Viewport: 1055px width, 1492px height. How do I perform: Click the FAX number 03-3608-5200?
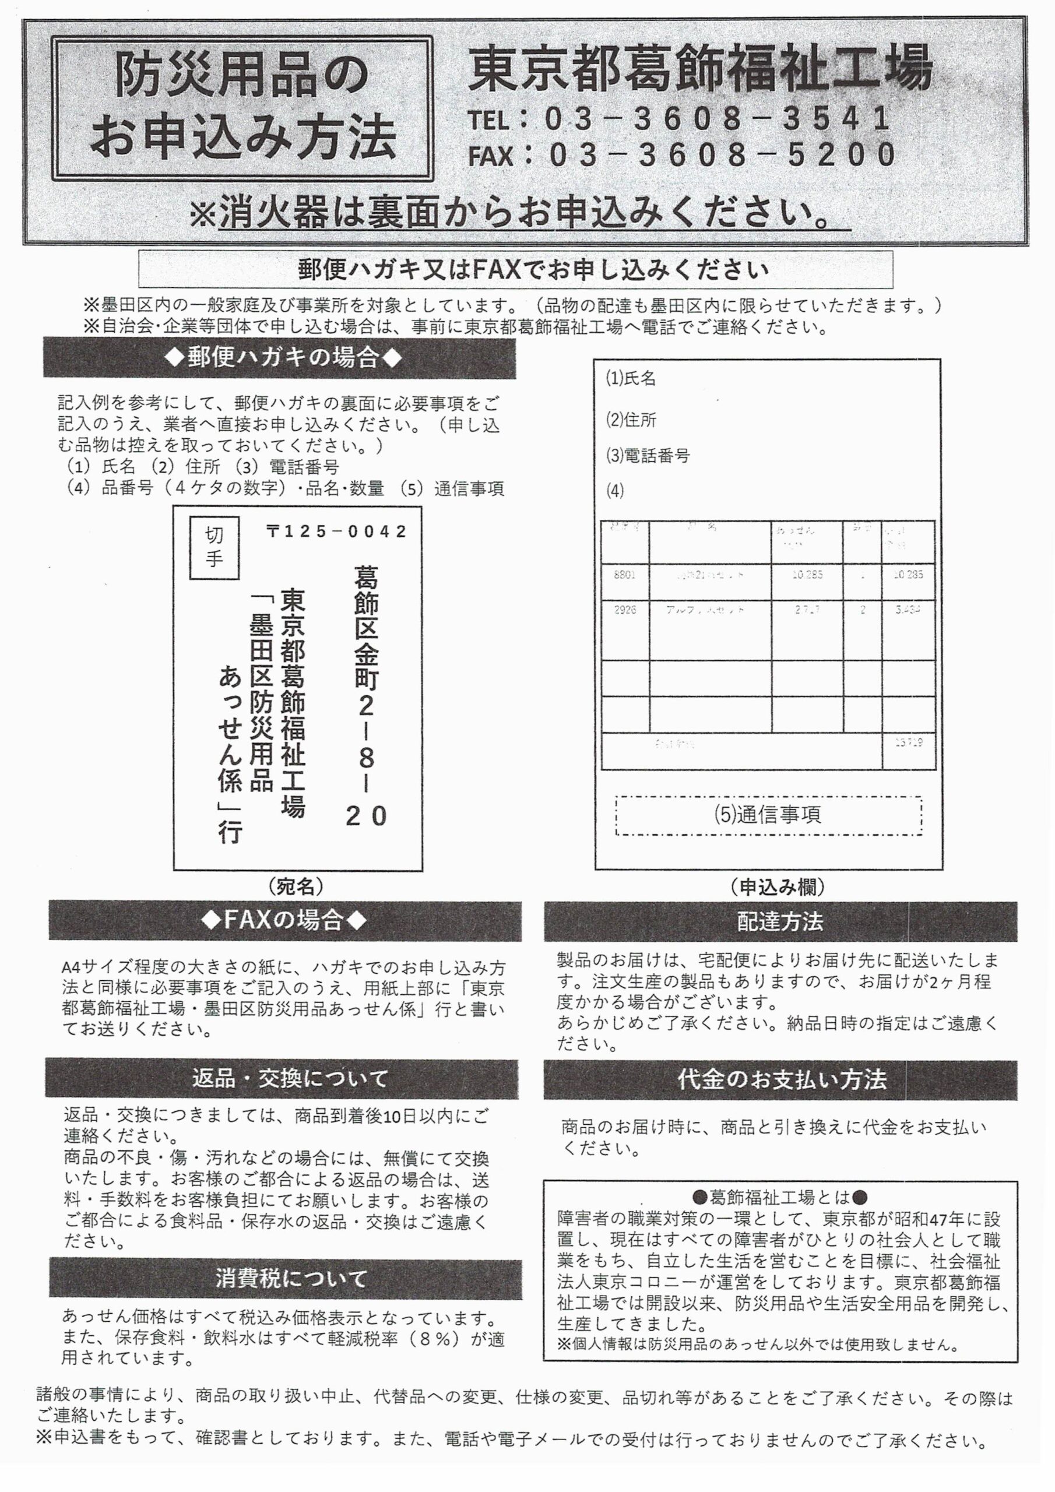[722, 155]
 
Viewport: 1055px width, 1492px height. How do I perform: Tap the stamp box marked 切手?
[214, 547]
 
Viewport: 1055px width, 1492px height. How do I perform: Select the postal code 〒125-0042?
[337, 532]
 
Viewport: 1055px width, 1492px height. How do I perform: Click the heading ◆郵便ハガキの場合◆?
[280, 357]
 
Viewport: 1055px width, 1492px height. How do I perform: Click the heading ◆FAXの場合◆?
[284, 920]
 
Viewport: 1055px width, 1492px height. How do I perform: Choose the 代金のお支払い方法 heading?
[780, 1080]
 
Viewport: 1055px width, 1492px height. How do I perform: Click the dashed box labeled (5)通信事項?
[768, 815]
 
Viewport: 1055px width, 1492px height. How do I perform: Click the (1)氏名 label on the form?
[631, 378]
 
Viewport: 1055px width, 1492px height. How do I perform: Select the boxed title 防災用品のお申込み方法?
[242, 108]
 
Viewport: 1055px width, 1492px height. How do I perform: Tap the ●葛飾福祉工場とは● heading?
[779, 1197]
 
